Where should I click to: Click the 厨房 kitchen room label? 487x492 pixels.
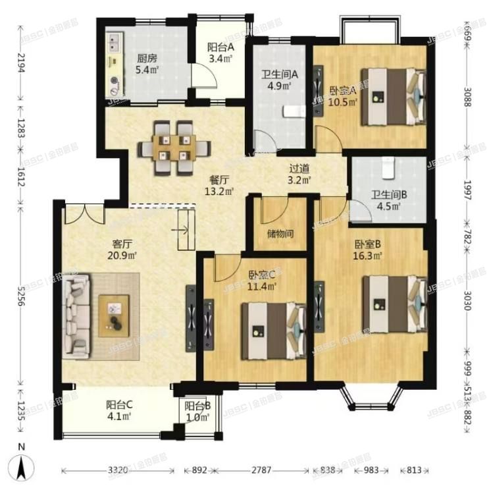(x=146, y=57)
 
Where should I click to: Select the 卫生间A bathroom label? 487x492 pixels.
(x=279, y=74)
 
